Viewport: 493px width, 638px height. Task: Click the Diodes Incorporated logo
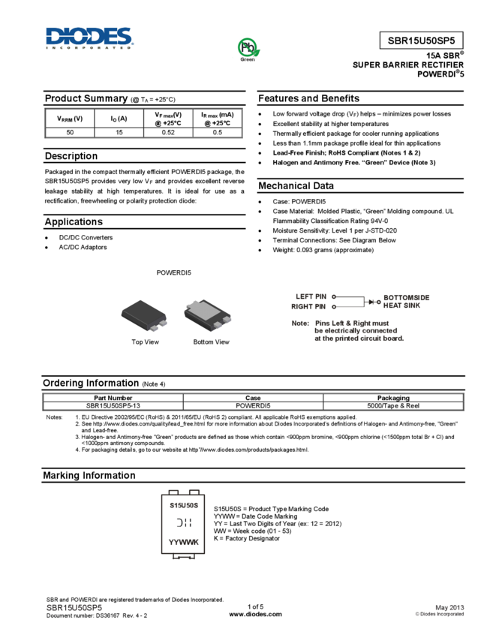click(x=89, y=38)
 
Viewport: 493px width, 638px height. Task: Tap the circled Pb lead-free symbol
click(x=248, y=47)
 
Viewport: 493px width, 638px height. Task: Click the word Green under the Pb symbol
click(x=248, y=59)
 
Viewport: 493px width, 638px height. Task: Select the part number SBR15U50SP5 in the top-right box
click(x=421, y=41)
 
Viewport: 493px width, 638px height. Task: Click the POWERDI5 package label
click(x=173, y=272)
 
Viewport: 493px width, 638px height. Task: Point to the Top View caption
click(x=145, y=342)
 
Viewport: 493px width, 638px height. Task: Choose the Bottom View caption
click(x=212, y=342)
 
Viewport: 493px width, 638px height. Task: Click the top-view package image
click(x=143, y=315)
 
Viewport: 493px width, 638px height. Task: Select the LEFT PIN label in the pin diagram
click(x=311, y=297)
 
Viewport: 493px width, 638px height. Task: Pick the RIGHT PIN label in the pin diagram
click(x=308, y=306)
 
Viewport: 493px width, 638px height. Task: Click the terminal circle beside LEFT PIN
click(x=333, y=297)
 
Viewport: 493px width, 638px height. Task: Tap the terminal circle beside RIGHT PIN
click(x=333, y=306)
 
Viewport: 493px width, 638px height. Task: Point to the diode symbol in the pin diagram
click(x=373, y=302)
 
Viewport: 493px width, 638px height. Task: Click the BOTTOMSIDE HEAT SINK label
click(x=407, y=302)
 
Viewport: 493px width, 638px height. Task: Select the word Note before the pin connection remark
click(x=299, y=324)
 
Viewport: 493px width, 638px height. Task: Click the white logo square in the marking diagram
click(x=183, y=523)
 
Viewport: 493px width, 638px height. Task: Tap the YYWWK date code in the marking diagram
click(x=183, y=542)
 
